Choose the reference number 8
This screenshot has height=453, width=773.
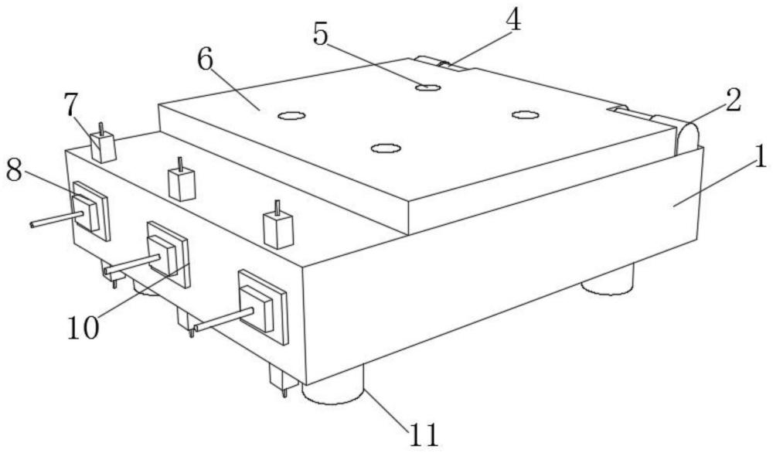(x=13, y=171)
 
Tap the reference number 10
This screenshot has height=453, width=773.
(x=83, y=327)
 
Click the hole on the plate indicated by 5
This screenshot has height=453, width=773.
(x=427, y=87)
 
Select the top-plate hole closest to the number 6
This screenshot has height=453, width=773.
(x=291, y=116)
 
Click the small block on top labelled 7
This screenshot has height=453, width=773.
(x=102, y=145)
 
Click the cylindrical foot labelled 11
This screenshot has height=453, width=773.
(x=335, y=390)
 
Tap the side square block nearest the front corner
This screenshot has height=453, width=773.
(x=263, y=307)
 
